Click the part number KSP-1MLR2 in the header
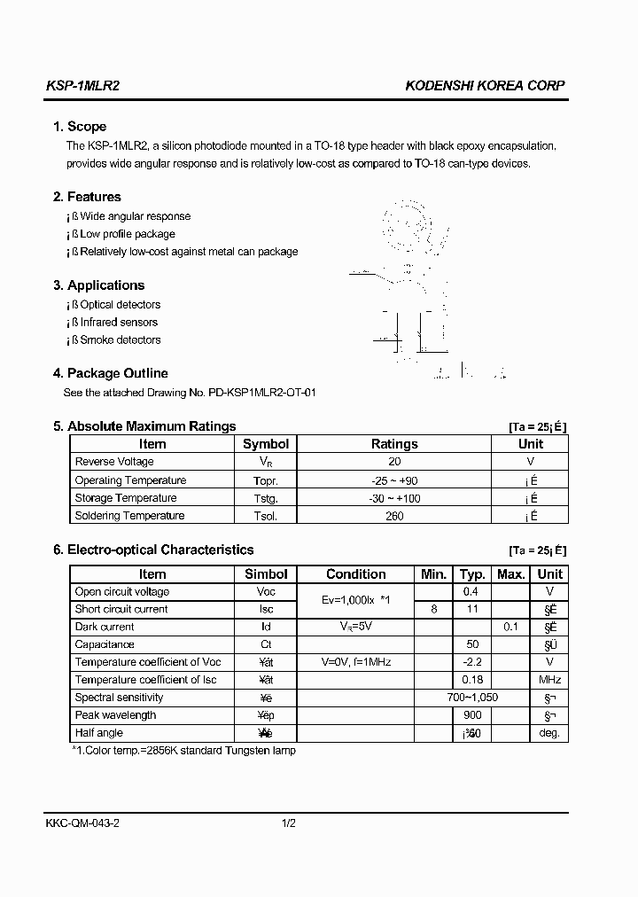[x=82, y=86]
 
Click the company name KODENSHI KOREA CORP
[x=485, y=86]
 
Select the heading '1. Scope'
[x=80, y=127]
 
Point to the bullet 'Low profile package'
[x=128, y=234]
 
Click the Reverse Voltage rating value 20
[x=394, y=462]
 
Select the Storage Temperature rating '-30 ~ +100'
[x=394, y=498]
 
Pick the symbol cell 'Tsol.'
[x=266, y=516]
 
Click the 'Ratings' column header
[x=394, y=444]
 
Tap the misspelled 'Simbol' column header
[x=266, y=574]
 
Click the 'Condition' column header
[x=356, y=574]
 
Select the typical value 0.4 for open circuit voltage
[x=471, y=592]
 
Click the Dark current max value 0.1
[x=510, y=627]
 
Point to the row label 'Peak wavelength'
[x=116, y=715]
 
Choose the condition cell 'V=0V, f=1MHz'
[x=356, y=662]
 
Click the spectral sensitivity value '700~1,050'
[x=472, y=698]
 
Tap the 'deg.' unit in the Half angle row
[x=549, y=733]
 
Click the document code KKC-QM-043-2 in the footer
[x=82, y=823]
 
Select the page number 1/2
[x=288, y=823]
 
